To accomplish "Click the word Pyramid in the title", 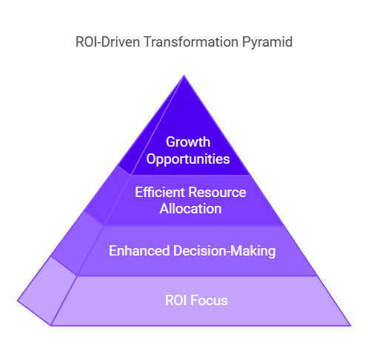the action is click(x=267, y=42).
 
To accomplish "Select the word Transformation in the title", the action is click(x=191, y=41).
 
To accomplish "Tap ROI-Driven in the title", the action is click(x=107, y=41).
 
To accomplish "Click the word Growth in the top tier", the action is click(x=188, y=142).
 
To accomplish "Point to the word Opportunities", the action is click(x=188, y=159).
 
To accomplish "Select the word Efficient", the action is click(x=160, y=192).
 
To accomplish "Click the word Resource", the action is click(x=218, y=192).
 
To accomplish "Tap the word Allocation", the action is click(x=190, y=209).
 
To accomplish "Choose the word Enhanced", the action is click(x=139, y=250).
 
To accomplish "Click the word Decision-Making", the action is click(x=224, y=251).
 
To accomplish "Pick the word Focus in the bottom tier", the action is click(x=209, y=301).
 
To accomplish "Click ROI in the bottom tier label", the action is click(x=175, y=301).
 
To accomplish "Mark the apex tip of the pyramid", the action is click(x=184, y=76).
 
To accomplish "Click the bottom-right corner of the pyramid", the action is click(x=350, y=326).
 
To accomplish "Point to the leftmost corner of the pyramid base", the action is click(x=18, y=301).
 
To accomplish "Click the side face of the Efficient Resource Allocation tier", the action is click(x=106, y=196).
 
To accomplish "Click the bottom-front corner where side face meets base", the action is click(x=51, y=326).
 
